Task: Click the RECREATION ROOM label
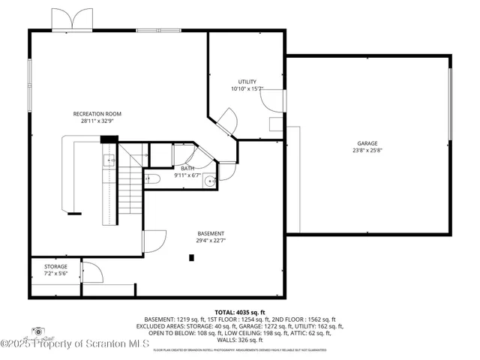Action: [97, 114]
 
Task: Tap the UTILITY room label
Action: [247, 82]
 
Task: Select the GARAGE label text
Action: [367, 143]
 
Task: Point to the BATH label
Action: [187, 169]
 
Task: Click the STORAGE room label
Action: [55, 266]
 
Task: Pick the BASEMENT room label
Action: [211, 233]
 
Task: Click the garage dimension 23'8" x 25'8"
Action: [367, 150]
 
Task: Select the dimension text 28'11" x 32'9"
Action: [97, 121]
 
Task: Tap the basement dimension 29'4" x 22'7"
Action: [211, 240]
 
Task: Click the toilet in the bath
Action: [151, 178]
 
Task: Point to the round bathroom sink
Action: [210, 180]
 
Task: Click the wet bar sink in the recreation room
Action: [109, 160]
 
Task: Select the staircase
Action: [130, 187]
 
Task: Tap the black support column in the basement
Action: [192, 258]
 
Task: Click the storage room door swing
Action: [90, 272]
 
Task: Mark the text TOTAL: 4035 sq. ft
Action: [239, 311]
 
